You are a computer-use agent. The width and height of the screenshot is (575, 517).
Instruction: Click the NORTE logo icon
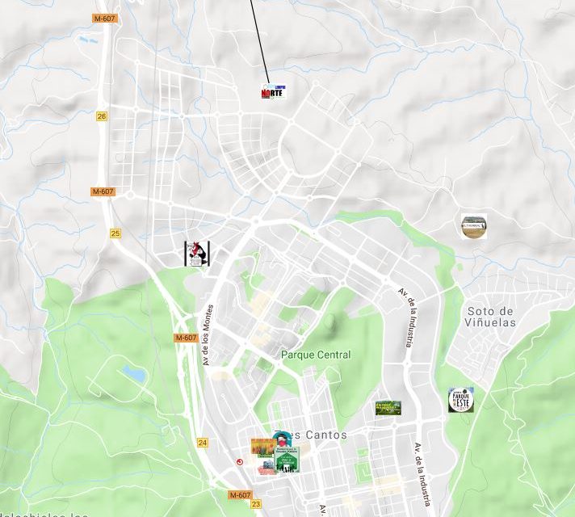273,91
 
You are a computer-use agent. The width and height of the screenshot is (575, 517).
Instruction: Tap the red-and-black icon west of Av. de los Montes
196,253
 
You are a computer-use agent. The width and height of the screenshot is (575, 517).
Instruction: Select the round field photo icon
474,226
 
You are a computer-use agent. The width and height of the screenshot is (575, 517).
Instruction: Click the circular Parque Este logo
461,400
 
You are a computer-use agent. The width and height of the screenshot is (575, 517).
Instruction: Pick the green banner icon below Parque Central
388,408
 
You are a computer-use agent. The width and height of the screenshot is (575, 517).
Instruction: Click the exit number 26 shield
102,116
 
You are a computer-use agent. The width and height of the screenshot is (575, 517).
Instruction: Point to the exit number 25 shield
115,233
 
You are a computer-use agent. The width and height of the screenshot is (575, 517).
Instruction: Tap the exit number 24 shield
202,443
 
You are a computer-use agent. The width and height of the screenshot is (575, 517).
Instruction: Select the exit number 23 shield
256,504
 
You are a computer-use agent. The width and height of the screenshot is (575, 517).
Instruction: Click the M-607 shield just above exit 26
104,18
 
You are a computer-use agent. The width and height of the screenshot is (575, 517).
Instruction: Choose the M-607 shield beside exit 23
240,494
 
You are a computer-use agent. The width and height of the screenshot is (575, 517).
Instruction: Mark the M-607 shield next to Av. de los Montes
186,338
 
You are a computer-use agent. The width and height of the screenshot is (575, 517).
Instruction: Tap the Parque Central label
316,355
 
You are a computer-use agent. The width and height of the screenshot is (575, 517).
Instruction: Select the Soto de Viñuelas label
490,317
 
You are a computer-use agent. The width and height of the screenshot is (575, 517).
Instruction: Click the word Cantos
327,435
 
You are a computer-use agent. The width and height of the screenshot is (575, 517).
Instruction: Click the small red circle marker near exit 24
239,461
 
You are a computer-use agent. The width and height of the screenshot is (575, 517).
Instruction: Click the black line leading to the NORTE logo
258,40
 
